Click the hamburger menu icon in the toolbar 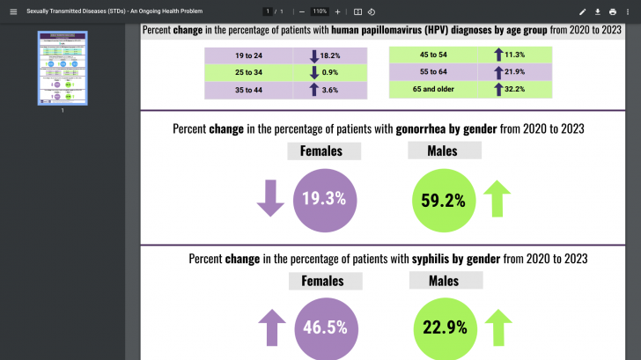[12, 11]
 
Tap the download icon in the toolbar [598, 11]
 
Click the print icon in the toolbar [613, 11]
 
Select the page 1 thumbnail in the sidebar [62, 68]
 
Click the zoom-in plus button [337, 11]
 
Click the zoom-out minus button [302, 11]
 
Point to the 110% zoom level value [319, 11]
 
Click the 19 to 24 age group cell [249, 55]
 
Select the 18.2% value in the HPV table [330, 55]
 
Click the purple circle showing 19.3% [323, 199]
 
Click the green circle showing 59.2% [443, 200]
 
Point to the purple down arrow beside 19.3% [270, 198]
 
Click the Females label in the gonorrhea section [324, 151]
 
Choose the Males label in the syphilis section [444, 282]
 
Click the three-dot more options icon [628, 11]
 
